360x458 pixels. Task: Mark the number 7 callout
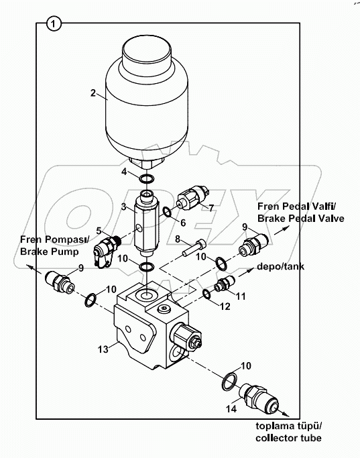coord(211,208)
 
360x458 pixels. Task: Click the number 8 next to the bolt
coord(177,239)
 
